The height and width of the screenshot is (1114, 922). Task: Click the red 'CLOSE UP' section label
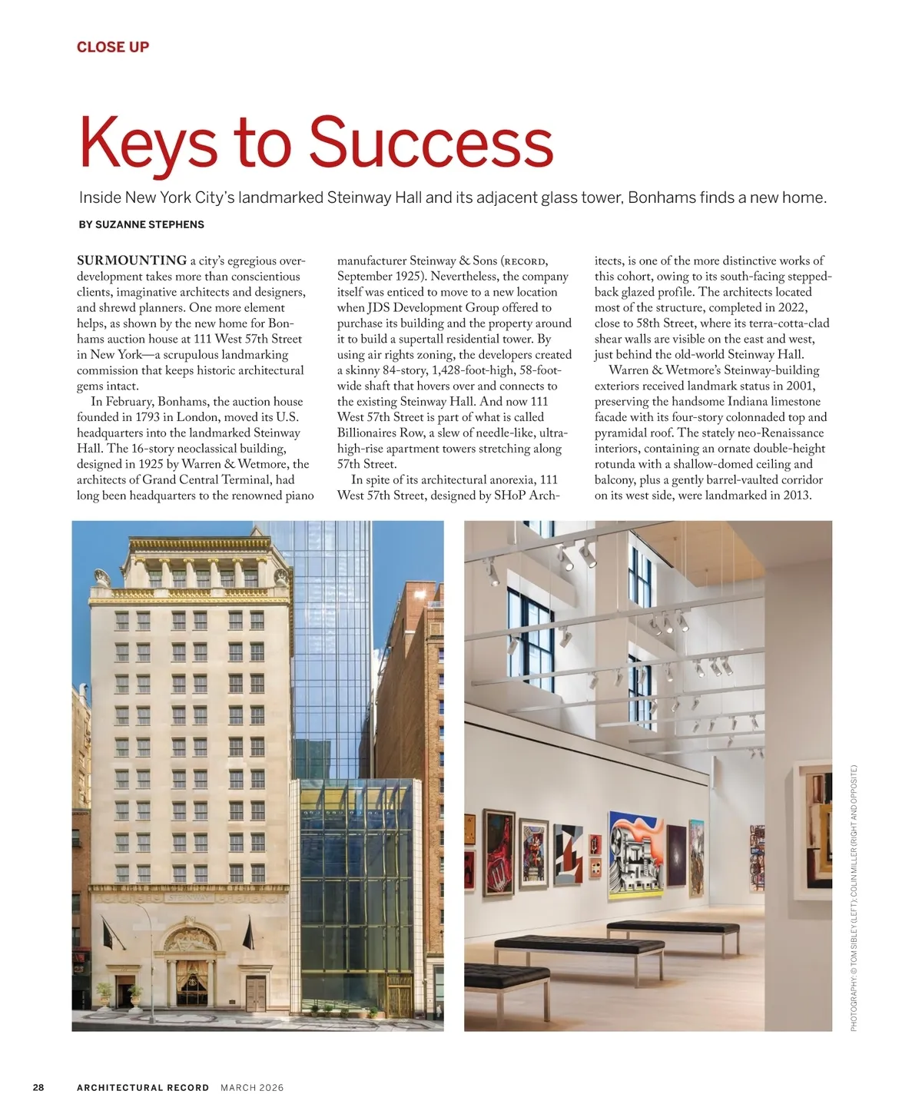click(x=113, y=47)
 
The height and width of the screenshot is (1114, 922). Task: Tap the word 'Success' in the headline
click(x=430, y=143)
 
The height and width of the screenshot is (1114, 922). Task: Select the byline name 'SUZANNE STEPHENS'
click(x=150, y=224)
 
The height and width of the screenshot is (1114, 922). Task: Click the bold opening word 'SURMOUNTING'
click(x=131, y=260)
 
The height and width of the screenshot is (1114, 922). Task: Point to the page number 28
click(x=38, y=1087)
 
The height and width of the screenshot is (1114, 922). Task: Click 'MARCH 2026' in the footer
click(x=252, y=1087)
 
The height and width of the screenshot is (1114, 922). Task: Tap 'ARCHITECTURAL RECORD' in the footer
click(x=143, y=1087)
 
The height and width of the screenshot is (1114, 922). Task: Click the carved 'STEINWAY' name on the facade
click(x=189, y=897)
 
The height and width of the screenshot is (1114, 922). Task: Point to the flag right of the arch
click(x=247, y=933)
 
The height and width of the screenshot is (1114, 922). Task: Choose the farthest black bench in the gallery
click(x=672, y=928)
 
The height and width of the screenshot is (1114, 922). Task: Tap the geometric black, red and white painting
click(x=568, y=855)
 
